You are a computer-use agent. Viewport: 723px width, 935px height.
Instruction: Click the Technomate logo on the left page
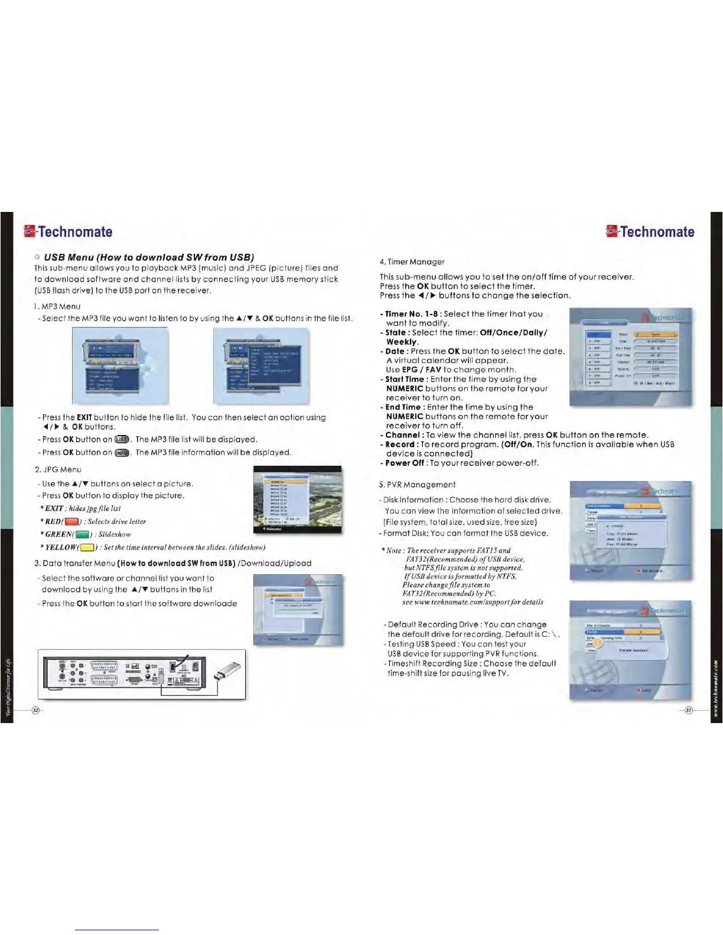point(68,231)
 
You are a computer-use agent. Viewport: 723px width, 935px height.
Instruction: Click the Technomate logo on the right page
point(650,231)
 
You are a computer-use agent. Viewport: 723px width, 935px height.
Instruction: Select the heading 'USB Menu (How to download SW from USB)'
point(149,257)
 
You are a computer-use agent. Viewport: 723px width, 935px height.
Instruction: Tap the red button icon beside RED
point(71,522)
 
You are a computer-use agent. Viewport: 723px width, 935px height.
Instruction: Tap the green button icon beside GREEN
point(83,535)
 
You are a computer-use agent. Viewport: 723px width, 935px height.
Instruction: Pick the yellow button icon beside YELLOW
point(88,548)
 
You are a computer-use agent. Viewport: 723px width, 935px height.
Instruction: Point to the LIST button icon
point(122,440)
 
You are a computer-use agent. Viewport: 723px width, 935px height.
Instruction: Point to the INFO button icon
point(122,453)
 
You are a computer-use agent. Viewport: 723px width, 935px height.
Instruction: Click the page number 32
point(35,710)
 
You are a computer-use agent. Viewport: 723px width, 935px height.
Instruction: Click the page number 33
point(688,710)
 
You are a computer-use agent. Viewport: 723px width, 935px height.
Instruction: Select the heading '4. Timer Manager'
point(412,261)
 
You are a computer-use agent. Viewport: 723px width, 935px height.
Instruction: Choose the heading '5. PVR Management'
point(417,485)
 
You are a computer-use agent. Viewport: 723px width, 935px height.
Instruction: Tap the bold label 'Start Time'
point(405,379)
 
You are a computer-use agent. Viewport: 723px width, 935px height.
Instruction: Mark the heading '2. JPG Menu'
point(58,469)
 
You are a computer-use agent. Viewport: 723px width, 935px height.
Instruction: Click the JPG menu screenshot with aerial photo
point(297,499)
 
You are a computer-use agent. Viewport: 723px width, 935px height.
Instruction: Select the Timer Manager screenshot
point(630,357)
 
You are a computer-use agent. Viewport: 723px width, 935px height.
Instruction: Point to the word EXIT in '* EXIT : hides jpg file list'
point(54,508)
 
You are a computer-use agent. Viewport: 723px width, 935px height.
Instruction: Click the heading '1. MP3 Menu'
point(57,306)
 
